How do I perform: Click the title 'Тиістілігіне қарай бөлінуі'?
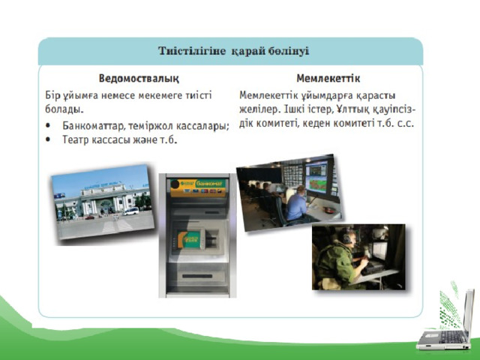(233, 51)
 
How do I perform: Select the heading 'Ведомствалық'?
(139, 78)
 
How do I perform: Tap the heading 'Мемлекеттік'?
(328, 78)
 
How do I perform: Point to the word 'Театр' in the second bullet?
(76, 139)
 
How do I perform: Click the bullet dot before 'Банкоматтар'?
(48, 125)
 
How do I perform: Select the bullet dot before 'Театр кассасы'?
(48, 139)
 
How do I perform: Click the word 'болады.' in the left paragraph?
(64, 109)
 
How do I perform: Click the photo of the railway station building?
(103, 202)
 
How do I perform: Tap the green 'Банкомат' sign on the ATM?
(210, 183)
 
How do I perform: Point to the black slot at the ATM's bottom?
(197, 276)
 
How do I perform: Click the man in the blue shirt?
(295, 203)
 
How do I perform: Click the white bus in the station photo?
(131, 211)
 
